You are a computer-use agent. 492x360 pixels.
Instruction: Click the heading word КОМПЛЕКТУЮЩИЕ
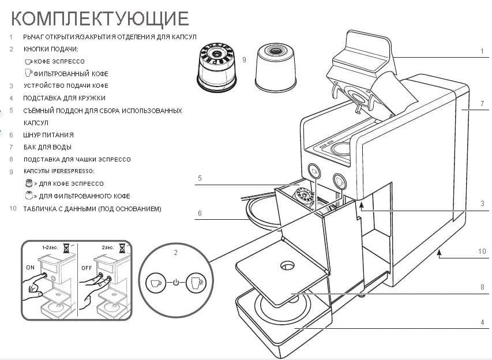(100, 18)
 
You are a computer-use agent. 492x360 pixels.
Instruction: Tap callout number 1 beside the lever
(482, 51)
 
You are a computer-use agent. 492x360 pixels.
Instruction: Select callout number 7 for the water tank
(482, 104)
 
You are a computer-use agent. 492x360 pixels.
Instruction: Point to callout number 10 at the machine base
(482, 251)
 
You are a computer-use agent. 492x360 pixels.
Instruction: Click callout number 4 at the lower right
(482, 322)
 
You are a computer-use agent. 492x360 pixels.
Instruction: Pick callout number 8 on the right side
(482, 287)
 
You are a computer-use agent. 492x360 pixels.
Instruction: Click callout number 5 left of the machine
(199, 178)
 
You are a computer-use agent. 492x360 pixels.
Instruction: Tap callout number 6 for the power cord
(199, 213)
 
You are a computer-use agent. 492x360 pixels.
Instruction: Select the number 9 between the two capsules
(245, 59)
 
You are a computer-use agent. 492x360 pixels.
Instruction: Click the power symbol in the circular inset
(176, 283)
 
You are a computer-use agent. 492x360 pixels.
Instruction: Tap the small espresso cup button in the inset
(155, 283)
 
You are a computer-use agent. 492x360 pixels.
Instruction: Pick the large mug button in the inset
(196, 283)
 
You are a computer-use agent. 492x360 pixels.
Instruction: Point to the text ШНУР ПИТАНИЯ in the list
(48, 135)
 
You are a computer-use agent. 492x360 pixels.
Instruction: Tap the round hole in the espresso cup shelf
(287, 266)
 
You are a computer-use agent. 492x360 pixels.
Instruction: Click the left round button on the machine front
(314, 171)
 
